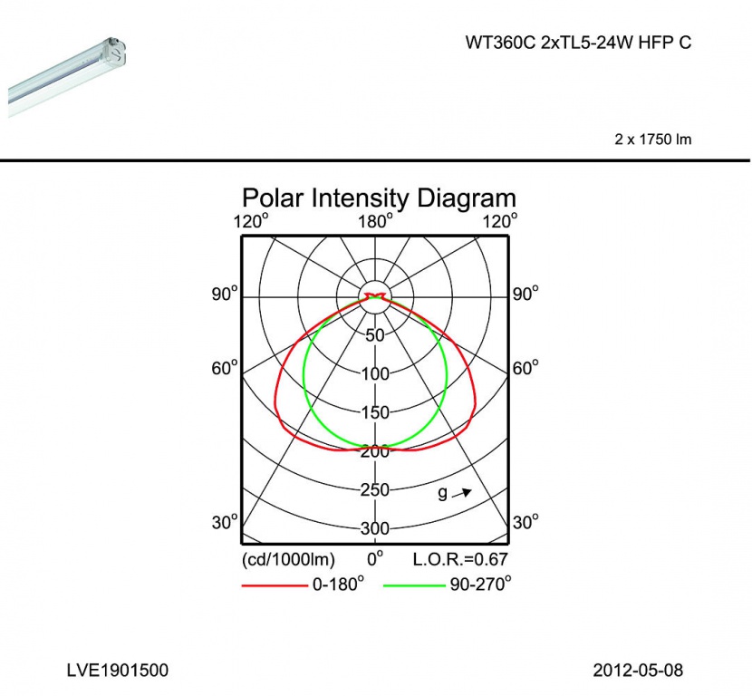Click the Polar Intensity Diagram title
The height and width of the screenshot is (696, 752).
[x=379, y=198]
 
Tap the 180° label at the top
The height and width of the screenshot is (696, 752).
[x=375, y=222]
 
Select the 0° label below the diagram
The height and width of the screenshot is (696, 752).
[x=375, y=558]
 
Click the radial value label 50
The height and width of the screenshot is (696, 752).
[x=375, y=335]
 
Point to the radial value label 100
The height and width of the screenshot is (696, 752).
[x=375, y=373]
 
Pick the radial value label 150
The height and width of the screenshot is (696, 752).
[x=375, y=412]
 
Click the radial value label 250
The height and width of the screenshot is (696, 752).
[x=375, y=489]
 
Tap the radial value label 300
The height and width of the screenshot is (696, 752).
[x=375, y=528]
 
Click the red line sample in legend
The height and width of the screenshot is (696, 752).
[x=275, y=585]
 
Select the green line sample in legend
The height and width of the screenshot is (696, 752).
[x=414, y=585]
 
